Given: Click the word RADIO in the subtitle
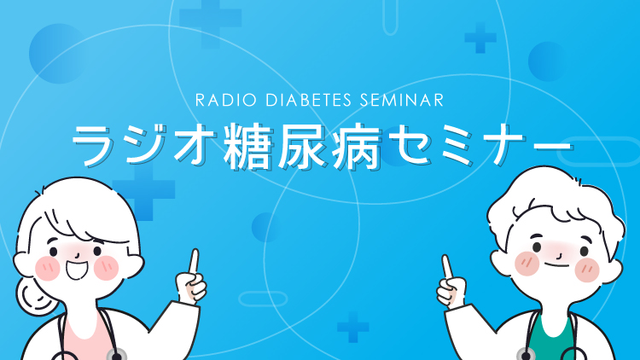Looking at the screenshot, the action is (x=226, y=101).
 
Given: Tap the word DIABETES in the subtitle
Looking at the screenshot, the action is (x=308, y=101).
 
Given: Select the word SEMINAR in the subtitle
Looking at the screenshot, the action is (x=402, y=101).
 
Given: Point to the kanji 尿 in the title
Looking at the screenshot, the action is (x=303, y=146).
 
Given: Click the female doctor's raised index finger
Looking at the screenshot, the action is (x=194, y=261).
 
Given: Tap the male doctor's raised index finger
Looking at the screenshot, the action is (x=447, y=267).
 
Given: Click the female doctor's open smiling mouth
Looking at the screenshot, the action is (x=77, y=270).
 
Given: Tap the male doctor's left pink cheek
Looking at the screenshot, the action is (x=527, y=264).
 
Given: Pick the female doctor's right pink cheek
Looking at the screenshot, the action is (x=106, y=268).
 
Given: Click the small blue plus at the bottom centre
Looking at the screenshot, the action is (x=353, y=328).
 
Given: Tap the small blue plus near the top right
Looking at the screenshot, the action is (x=480, y=38).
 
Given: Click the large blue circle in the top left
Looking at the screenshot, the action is (x=58, y=54).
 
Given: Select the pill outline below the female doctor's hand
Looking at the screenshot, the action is (x=263, y=299).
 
